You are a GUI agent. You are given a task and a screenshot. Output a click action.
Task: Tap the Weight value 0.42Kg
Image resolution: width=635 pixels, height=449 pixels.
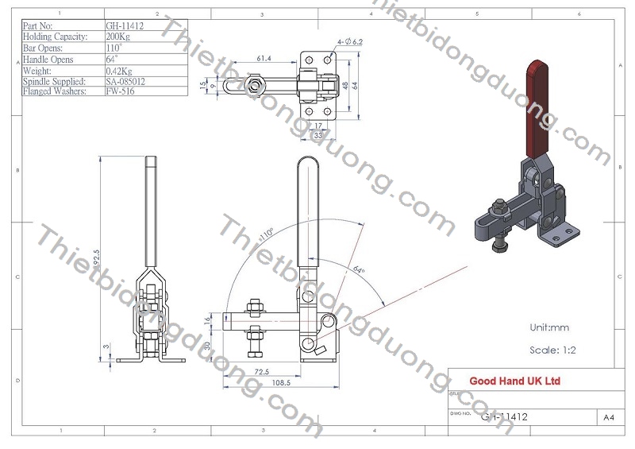120,70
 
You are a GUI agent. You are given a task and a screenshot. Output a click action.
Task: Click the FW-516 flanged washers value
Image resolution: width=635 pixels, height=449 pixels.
119,91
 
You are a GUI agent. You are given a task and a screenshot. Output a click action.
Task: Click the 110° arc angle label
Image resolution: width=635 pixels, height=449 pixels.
266,235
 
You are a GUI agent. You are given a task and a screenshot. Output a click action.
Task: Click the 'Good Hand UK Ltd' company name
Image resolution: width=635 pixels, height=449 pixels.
514,381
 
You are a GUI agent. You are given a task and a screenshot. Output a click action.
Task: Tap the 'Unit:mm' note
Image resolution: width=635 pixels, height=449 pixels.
549,327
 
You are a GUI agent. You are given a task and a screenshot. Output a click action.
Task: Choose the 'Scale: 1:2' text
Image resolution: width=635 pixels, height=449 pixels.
552,350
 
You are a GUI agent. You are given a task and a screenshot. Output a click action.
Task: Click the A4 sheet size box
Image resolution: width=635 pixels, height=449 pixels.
609,416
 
